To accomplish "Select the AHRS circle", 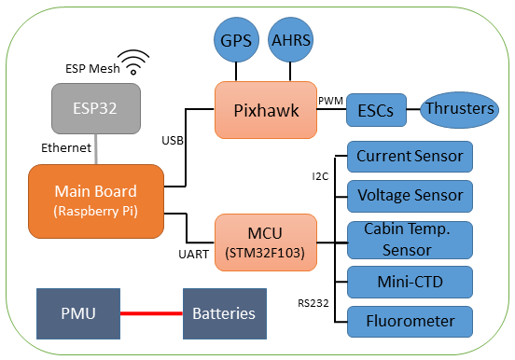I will (x=291, y=41).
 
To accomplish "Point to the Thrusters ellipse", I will (x=458, y=108).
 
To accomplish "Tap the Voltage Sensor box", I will (x=410, y=196).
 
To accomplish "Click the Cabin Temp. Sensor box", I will (x=410, y=239).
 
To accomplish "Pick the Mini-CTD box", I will (x=410, y=280).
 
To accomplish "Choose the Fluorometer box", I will (x=410, y=321).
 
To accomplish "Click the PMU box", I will (x=77, y=313).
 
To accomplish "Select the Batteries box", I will (x=224, y=313).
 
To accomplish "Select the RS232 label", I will (x=313, y=302).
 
